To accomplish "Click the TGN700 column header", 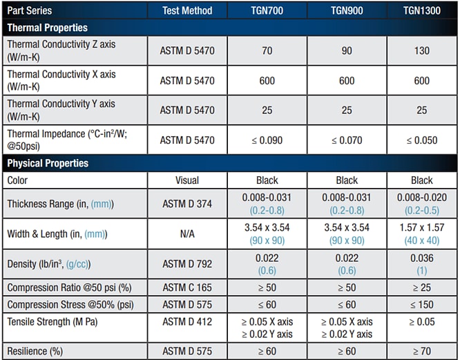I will point(267,11).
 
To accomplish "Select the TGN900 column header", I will point(347,11).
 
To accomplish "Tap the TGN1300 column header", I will point(421,11).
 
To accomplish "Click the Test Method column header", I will point(187,11).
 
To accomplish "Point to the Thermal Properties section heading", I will point(47,28).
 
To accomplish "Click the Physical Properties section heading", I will point(48,163).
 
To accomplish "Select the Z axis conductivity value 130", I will point(421,50).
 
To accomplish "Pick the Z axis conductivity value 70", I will point(267,50).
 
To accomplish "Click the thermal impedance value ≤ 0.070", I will point(347,140).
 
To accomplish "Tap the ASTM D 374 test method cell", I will point(187,204).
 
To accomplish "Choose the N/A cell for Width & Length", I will point(187,234).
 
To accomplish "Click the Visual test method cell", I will point(187,180).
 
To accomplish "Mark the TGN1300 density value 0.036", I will point(421,258).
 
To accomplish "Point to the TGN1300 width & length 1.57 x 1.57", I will point(421,228).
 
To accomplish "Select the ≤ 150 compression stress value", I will point(421,304).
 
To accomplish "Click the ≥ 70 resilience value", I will point(421,352).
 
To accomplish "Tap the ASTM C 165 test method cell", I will point(187,287).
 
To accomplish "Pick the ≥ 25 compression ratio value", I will point(421,287).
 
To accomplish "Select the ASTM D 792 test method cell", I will point(187,264).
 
